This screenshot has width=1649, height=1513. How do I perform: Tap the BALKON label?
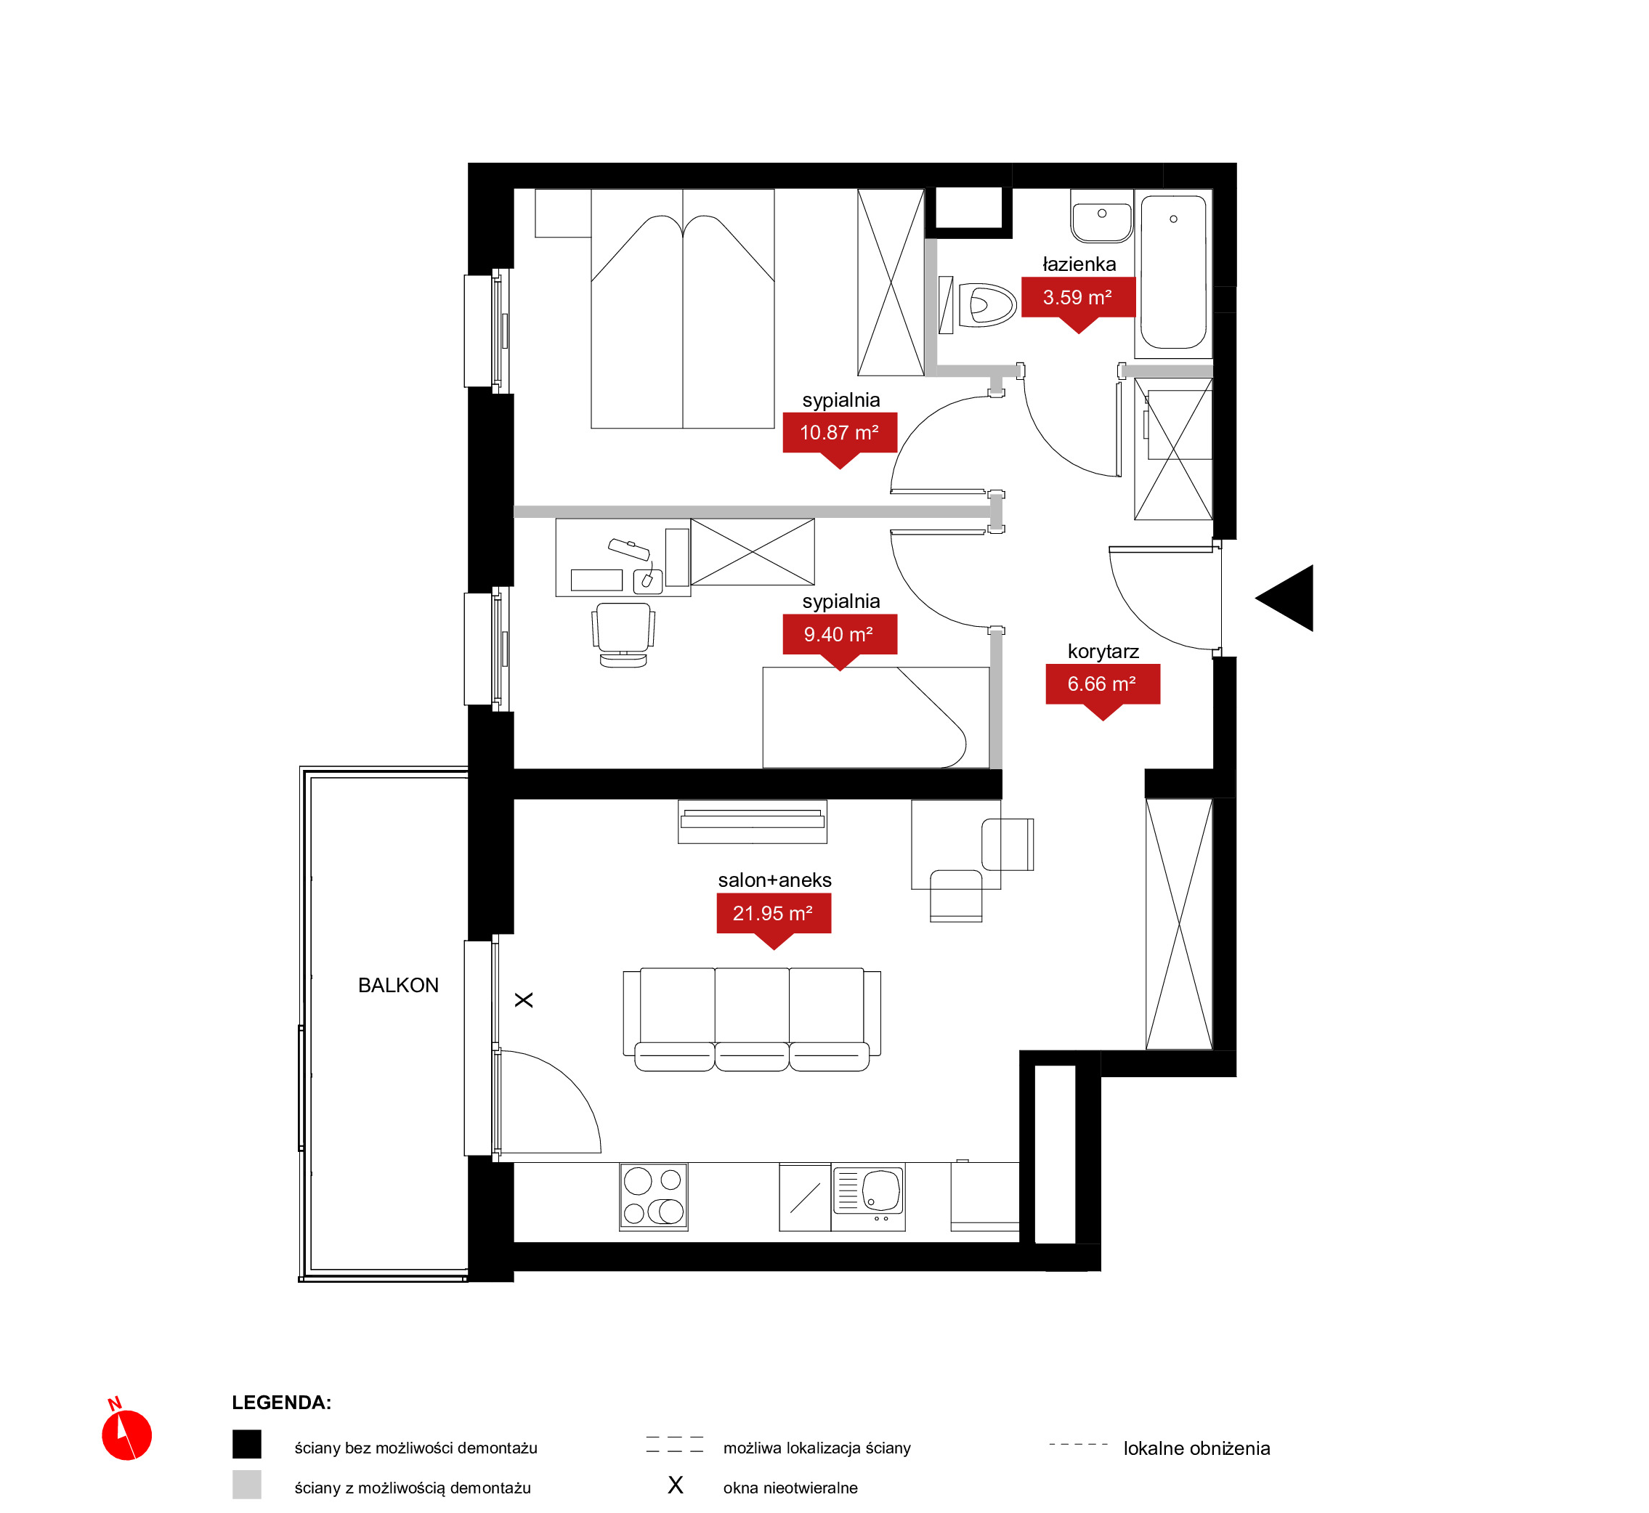(398, 986)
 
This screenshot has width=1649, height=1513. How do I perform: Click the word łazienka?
(1079, 264)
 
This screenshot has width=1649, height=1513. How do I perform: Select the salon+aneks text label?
(774, 880)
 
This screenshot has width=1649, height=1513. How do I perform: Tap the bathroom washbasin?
(1102, 217)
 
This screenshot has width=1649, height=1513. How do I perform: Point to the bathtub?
(1173, 272)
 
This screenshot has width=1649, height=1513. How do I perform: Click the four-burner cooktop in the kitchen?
(653, 1196)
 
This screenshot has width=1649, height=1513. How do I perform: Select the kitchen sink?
(868, 1192)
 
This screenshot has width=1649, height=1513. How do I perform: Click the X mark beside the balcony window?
(524, 999)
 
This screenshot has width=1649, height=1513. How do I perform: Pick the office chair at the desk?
(623, 636)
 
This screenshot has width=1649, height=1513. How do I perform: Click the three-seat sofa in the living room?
(752, 1019)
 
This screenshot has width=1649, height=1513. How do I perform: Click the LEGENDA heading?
(282, 1403)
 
